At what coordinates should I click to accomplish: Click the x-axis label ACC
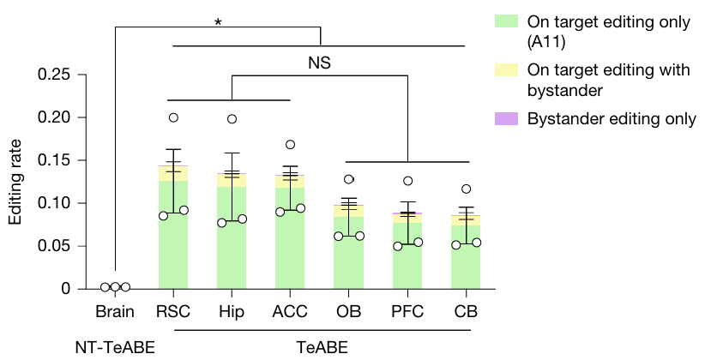coord(290,310)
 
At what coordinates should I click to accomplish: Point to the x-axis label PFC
coord(407,310)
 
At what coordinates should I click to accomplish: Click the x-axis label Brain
coord(115,310)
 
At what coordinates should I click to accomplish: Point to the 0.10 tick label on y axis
coord(53,203)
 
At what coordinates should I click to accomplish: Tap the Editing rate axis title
coord(16,181)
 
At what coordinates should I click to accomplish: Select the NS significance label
coord(319,63)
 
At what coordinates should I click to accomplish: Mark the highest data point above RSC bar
coord(173,117)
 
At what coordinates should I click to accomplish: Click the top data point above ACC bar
coord(290,145)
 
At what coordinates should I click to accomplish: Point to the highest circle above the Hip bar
coord(232,119)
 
